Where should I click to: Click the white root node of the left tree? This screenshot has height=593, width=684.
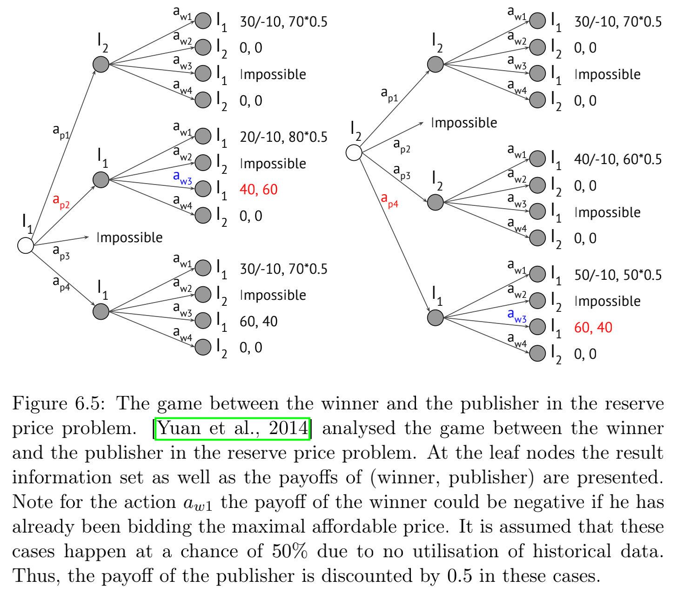coord(26,245)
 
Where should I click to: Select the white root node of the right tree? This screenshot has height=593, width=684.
coord(354,152)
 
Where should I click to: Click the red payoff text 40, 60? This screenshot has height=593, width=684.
coord(258,190)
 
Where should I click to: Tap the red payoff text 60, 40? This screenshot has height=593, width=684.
coord(593,328)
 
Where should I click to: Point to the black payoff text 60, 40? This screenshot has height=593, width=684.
coord(258,322)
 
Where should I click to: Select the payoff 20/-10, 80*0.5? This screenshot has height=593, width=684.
coord(283,137)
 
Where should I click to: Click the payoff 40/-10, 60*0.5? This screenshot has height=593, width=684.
coord(617,159)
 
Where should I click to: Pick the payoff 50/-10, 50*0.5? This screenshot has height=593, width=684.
coord(617,275)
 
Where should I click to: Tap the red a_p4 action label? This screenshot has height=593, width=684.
coord(390,200)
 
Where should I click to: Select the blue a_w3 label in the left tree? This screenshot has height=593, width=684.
coord(182,178)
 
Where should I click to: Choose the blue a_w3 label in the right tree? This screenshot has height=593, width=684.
coord(517,316)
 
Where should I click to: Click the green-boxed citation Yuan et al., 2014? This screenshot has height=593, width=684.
coord(232,428)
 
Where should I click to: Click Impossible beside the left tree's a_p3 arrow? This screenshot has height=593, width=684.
coord(129,237)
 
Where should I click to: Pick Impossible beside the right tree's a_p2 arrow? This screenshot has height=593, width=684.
coord(464,123)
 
